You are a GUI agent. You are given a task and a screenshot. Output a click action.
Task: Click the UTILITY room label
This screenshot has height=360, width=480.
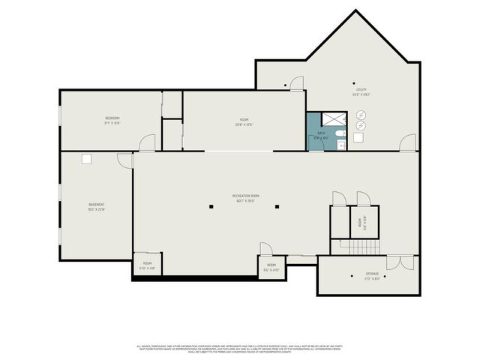[361, 92]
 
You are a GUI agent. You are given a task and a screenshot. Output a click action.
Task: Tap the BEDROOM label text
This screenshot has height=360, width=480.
[112, 120]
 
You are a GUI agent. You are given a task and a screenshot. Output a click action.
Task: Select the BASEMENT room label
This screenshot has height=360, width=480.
[97, 206]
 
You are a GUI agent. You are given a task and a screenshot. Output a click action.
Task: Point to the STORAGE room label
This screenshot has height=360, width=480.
[372, 274]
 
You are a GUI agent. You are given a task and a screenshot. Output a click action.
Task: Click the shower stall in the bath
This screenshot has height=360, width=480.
[331, 118]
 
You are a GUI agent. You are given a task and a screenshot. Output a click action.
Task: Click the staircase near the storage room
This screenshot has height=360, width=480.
[357, 247]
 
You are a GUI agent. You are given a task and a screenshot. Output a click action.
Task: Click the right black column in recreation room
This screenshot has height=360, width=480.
[277, 207]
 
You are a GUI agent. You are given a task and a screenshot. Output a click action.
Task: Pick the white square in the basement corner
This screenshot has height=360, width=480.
[87, 159]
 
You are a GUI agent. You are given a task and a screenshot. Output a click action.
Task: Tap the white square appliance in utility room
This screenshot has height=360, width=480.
[358, 138]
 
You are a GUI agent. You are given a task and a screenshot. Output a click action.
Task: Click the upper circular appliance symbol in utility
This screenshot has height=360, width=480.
[361, 114]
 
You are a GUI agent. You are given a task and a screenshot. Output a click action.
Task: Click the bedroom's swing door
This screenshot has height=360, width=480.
[147, 142]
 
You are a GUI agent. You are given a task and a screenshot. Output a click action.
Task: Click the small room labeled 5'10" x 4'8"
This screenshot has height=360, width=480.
[148, 264]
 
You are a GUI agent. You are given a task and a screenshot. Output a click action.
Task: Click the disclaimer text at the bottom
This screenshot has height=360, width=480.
[240, 349]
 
